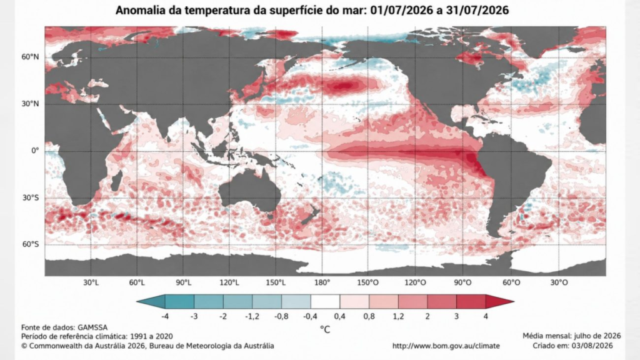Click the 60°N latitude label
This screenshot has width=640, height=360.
30,57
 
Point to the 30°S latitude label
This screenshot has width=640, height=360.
30,198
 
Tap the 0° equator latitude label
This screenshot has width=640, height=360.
35,151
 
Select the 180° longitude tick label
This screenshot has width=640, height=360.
322,282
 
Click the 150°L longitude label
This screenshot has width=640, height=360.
276,282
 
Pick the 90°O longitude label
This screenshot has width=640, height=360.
462,282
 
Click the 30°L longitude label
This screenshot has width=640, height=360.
91,282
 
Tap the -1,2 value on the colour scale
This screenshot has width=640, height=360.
252,316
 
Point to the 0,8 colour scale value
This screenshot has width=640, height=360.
369,316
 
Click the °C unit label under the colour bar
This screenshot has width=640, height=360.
325,329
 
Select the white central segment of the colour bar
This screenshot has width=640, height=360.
325,302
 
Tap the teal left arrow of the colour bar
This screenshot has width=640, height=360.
151,302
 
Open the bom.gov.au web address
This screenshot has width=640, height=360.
446,346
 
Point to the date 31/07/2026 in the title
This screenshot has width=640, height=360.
477,10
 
